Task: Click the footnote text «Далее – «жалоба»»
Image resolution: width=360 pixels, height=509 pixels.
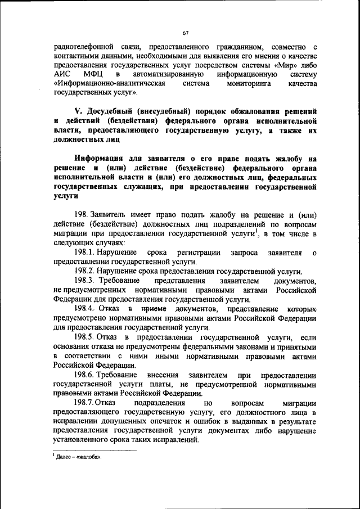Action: coord(78,457)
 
